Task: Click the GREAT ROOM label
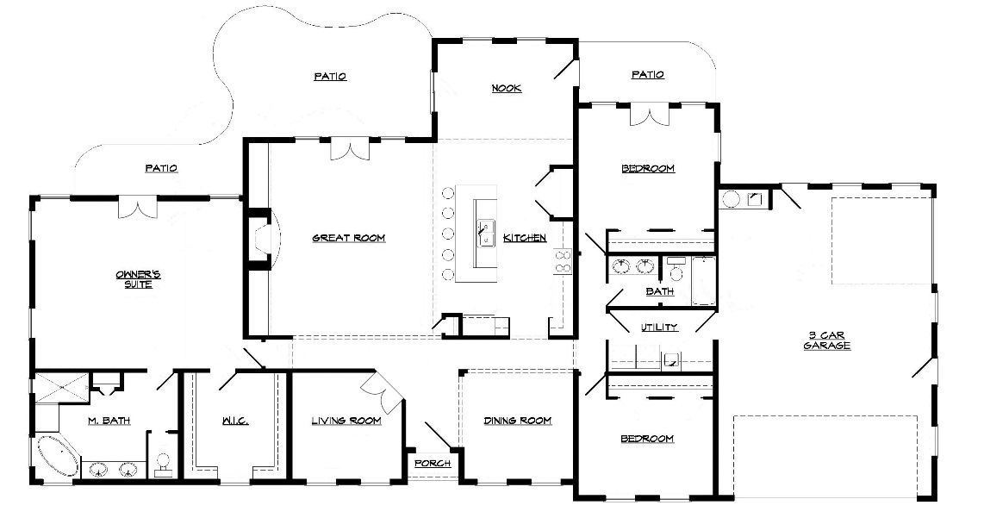348,238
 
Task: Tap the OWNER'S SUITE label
138,279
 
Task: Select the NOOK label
506,89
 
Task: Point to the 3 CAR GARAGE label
827,340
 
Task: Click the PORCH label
433,464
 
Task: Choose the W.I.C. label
234,421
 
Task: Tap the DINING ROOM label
517,421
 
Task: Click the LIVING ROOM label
346,421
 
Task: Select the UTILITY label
659,328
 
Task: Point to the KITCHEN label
525,238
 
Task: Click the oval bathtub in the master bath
58,456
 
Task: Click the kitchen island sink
485,234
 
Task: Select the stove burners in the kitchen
563,261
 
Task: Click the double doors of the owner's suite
138,207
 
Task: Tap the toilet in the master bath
163,464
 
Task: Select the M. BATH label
109,421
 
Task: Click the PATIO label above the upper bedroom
648,75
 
